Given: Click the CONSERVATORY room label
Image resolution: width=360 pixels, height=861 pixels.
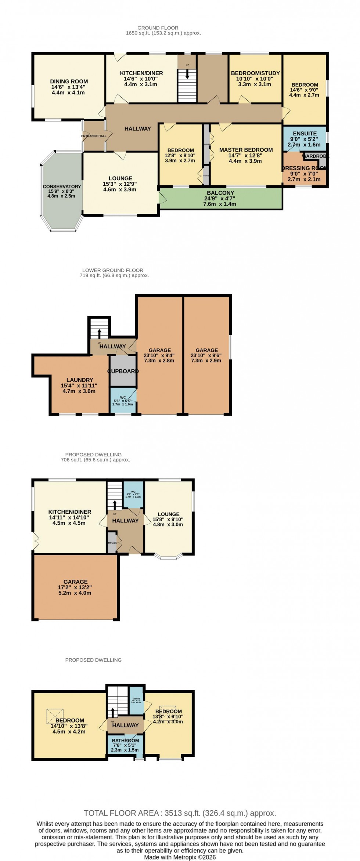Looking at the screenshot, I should (x=62, y=187).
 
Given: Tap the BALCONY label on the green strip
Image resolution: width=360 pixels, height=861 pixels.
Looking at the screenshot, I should (x=220, y=193).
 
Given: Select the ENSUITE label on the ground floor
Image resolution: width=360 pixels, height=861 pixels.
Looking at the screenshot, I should (x=305, y=134).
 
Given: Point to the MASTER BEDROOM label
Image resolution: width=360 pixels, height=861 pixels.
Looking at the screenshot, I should (x=246, y=150).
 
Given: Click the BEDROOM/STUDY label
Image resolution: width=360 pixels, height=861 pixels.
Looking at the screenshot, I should (x=255, y=73).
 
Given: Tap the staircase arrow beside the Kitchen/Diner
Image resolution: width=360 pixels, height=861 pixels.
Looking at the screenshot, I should (x=187, y=75).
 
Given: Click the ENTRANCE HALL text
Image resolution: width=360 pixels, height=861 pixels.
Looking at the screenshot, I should (x=94, y=136).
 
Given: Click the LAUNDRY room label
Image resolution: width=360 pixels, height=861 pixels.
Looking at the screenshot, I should (x=80, y=380).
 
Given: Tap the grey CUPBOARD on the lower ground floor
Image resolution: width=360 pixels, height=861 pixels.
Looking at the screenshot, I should (x=123, y=371).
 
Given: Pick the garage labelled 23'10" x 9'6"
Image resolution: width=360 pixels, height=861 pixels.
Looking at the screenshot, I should (x=206, y=355).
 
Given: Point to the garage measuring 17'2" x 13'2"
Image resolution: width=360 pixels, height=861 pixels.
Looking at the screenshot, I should (x=75, y=587).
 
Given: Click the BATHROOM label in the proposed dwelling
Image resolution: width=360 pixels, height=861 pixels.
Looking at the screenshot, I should (x=125, y=741).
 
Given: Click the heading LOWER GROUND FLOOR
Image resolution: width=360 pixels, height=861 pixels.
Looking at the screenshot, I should (x=113, y=270).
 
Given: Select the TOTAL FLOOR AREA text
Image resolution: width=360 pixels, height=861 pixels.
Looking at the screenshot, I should (x=180, y=813).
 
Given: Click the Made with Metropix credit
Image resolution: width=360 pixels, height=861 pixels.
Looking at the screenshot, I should (x=180, y=857).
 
